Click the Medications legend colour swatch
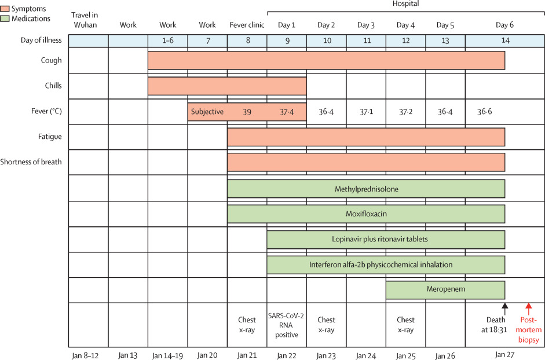[6, 19]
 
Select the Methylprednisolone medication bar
[366, 189]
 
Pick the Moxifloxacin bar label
[366, 214]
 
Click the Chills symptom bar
[227, 86]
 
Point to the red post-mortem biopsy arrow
[528, 309]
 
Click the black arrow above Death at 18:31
[504, 309]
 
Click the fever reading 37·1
[365, 112]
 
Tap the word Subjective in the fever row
[207, 112]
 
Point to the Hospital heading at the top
[405, 3]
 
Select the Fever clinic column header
[247, 25]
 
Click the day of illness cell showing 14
[504, 41]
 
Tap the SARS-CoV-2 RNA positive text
[287, 324]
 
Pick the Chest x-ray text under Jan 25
[405, 324]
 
